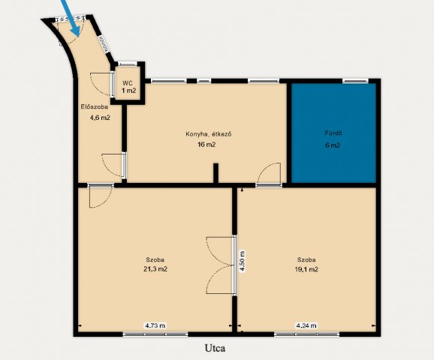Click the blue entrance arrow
coord(71,17)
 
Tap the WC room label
coord(128,83)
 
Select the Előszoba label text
coord(95,106)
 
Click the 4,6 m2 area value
coord(100,118)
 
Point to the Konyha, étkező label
coord(209,134)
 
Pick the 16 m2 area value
coord(206,145)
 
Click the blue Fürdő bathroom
coord(333,133)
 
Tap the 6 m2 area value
coord(333,145)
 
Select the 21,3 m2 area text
coord(155,269)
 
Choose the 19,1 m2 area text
coord(306,269)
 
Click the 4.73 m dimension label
coord(155,325)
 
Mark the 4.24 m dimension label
coord(306,325)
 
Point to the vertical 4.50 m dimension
coord(242,262)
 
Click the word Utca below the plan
coord(215,348)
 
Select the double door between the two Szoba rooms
coord(222,265)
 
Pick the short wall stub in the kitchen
coord(215,173)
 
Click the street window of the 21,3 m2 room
coord(155,334)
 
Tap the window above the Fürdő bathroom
coord(355,81)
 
